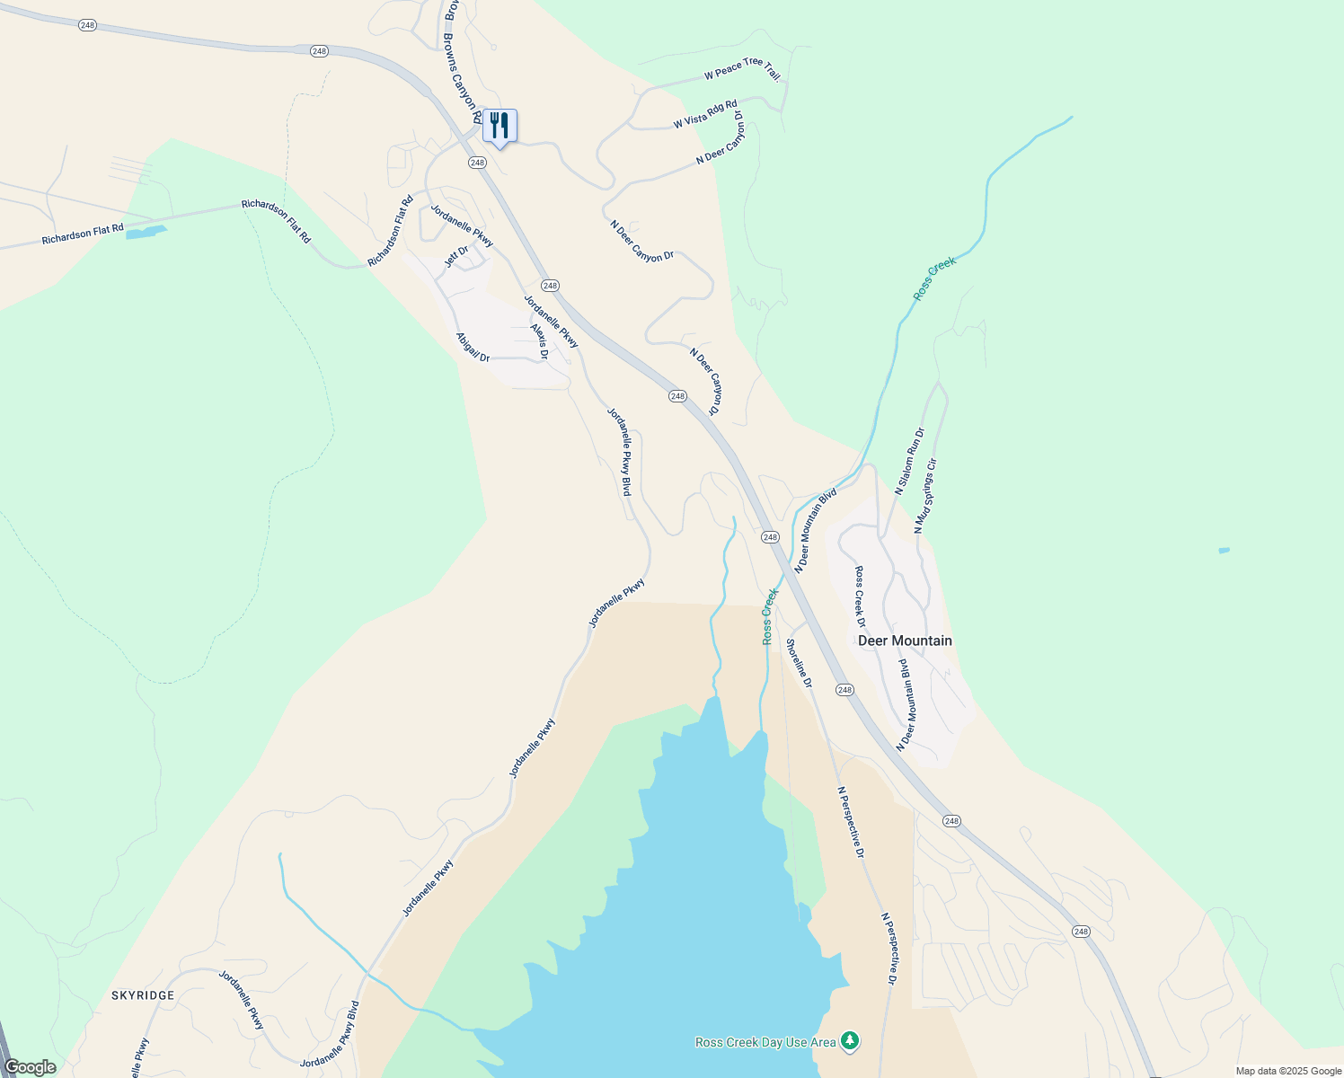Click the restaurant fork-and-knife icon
click(x=500, y=126)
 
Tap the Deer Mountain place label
click(x=905, y=641)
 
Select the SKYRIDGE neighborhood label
click(x=143, y=995)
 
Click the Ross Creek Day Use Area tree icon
click(x=850, y=1041)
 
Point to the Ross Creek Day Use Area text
click(x=765, y=1042)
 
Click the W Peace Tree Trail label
click(x=742, y=68)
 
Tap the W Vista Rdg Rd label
click(x=705, y=114)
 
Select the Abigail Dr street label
click(x=473, y=348)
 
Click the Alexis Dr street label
click(x=539, y=341)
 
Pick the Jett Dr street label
click(x=457, y=257)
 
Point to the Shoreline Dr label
click(x=799, y=663)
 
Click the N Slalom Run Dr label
click(x=909, y=461)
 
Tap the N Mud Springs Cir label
click(x=925, y=495)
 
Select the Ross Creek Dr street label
click(x=860, y=596)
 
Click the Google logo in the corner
click(x=31, y=1067)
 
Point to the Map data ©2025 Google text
click(x=1288, y=1071)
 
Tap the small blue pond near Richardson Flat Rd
click(x=146, y=233)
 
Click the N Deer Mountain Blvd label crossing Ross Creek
click(x=816, y=530)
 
